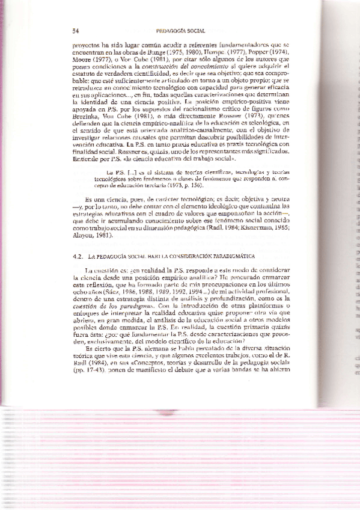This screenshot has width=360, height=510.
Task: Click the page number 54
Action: (75, 29)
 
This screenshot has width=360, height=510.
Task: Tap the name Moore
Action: (82, 60)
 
